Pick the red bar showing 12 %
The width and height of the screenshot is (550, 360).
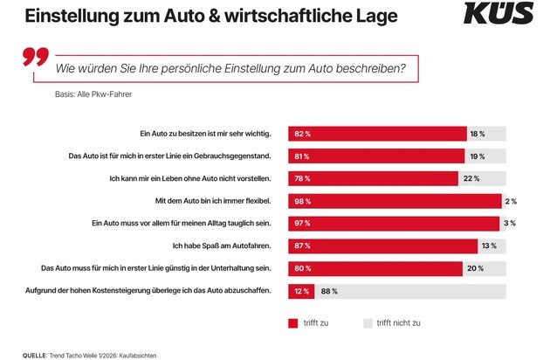tap(301, 290)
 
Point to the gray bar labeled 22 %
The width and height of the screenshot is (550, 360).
tap(482, 178)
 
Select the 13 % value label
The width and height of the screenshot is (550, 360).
tap(491, 246)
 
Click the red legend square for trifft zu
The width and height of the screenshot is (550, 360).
tap(293, 322)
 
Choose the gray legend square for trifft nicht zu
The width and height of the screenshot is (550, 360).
tap(368, 322)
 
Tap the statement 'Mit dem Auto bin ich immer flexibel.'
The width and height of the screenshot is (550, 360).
tap(210, 201)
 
